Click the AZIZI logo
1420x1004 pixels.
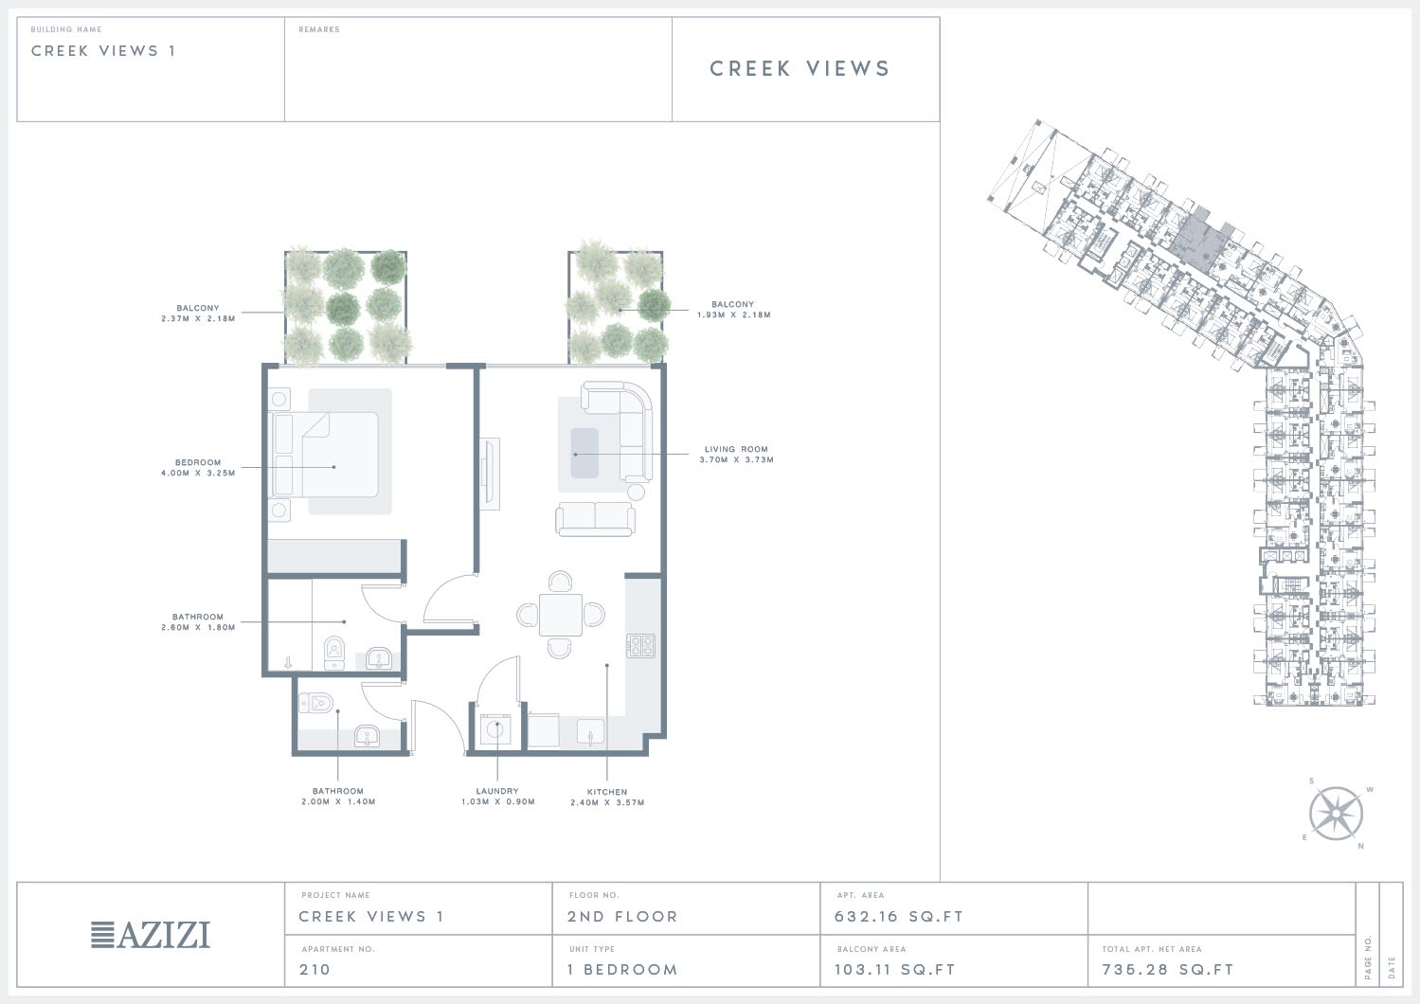coord(151,934)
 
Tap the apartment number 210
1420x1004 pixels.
coord(315,969)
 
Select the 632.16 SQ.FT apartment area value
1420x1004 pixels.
coord(898,916)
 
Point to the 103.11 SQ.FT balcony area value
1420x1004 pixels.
coord(894,969)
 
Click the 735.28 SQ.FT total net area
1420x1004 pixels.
coord(1168,969)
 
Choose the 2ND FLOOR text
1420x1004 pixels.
coord(622,916)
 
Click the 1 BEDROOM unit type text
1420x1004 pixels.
coord(622,969)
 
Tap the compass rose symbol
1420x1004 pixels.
coord(1336,814)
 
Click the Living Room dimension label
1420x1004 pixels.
coord(737,455)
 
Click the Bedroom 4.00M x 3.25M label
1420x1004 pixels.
coord(198,468)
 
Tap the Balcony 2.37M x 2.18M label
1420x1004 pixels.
coord(198,314)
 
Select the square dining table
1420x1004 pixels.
coord(561,614)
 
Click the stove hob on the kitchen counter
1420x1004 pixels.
coord(641,645)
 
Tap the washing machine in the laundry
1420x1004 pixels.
coord(495,729)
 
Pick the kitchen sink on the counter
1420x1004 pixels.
coord(590,732)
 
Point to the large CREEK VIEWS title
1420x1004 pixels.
coord(800,68)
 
